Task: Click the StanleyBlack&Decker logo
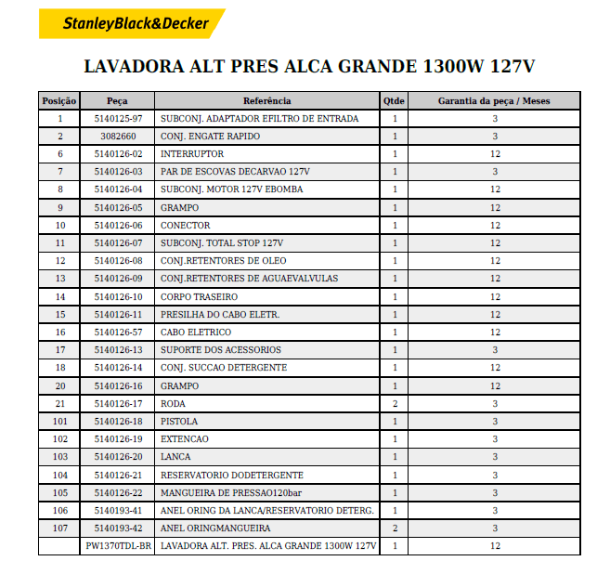[133, 24]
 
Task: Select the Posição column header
[60, 100]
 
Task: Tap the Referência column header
[266, 100]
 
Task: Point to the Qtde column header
[394, 100]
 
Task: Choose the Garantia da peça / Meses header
[494, 100]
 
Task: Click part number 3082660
[118, 137]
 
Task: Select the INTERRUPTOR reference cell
[192, 154]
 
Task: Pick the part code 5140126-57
[118, 333]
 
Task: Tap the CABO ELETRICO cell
[196, 333]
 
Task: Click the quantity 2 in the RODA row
[394, 403]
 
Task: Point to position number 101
[60, 422]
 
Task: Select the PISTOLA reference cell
[179, 422]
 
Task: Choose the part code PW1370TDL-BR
[118, 546]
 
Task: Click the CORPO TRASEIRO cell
[199, 296]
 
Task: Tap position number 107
[60, 528]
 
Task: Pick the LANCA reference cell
[175, 457]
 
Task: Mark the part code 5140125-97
[118, 119]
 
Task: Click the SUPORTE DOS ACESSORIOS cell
[221, 350]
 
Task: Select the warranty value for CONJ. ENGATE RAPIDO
[494, 137]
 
